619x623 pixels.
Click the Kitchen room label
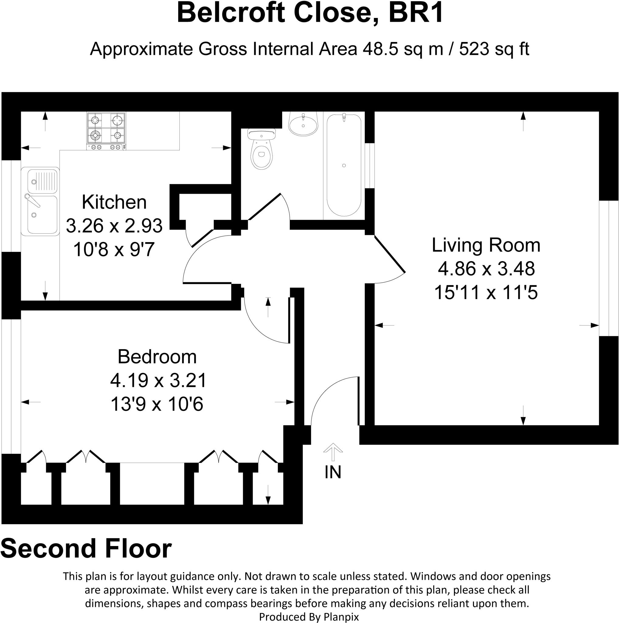(x=114, y=202)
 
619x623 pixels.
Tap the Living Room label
(x=486, y=245)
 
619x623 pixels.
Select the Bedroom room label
(x=157, y=357)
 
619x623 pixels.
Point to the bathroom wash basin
(x=303, y=124)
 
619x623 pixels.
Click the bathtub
(x=344, y=165)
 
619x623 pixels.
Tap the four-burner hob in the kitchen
(x=106, y=131)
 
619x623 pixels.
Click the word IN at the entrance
(x=333, y=472)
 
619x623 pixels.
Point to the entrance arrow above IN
(x=333, y=452)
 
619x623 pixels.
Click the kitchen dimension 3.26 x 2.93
(x=114, y=226)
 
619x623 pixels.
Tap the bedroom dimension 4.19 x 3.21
(x=158, y=381)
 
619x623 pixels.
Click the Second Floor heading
(x=86, y=548)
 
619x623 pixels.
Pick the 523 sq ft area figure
(x=494, y=49)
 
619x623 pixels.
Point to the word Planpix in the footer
(x=341, y=617)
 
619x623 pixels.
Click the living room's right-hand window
(x=609, y=268)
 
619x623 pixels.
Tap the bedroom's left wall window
(x=11, y=387)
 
